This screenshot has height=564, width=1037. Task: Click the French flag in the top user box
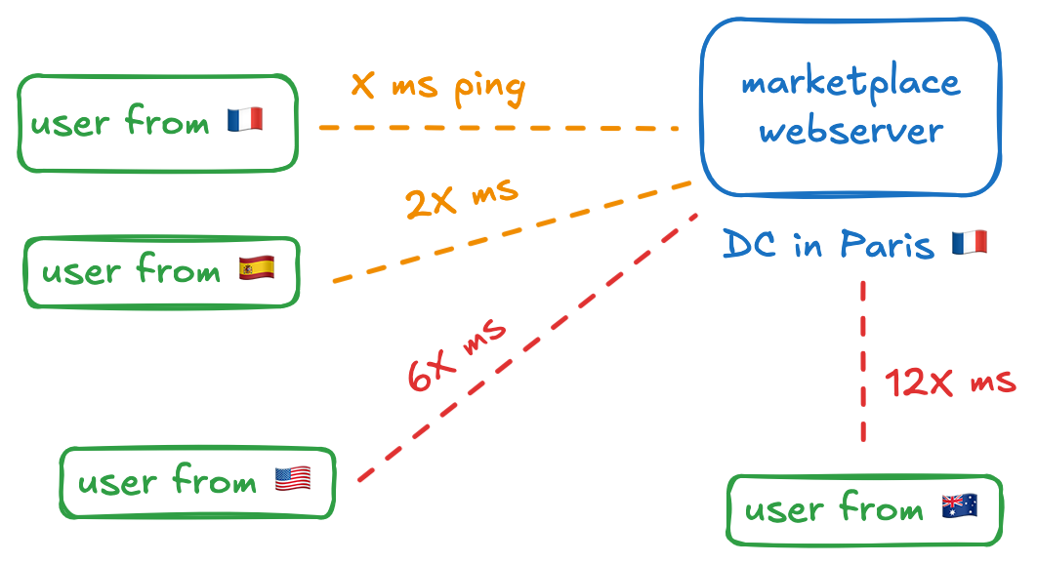coord(245,121)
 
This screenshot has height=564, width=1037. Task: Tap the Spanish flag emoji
coord(257,267)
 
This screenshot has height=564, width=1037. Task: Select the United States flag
coord(293,478)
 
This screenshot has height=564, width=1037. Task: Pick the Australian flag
coord(959,505)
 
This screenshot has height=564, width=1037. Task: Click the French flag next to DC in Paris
coord(969,243)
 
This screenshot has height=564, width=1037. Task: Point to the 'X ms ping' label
coord(437,87)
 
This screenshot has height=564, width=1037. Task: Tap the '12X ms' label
coord(949,383)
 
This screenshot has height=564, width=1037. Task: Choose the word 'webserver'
coord(850,131)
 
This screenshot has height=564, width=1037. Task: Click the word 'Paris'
coord(883,244)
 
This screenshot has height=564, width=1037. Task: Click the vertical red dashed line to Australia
coord(863,361)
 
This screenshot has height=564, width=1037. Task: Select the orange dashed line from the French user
coord(498,128)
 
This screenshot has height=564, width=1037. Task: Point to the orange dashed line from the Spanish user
coord(513,232)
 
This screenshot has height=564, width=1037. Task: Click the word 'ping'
coord(489,89)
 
